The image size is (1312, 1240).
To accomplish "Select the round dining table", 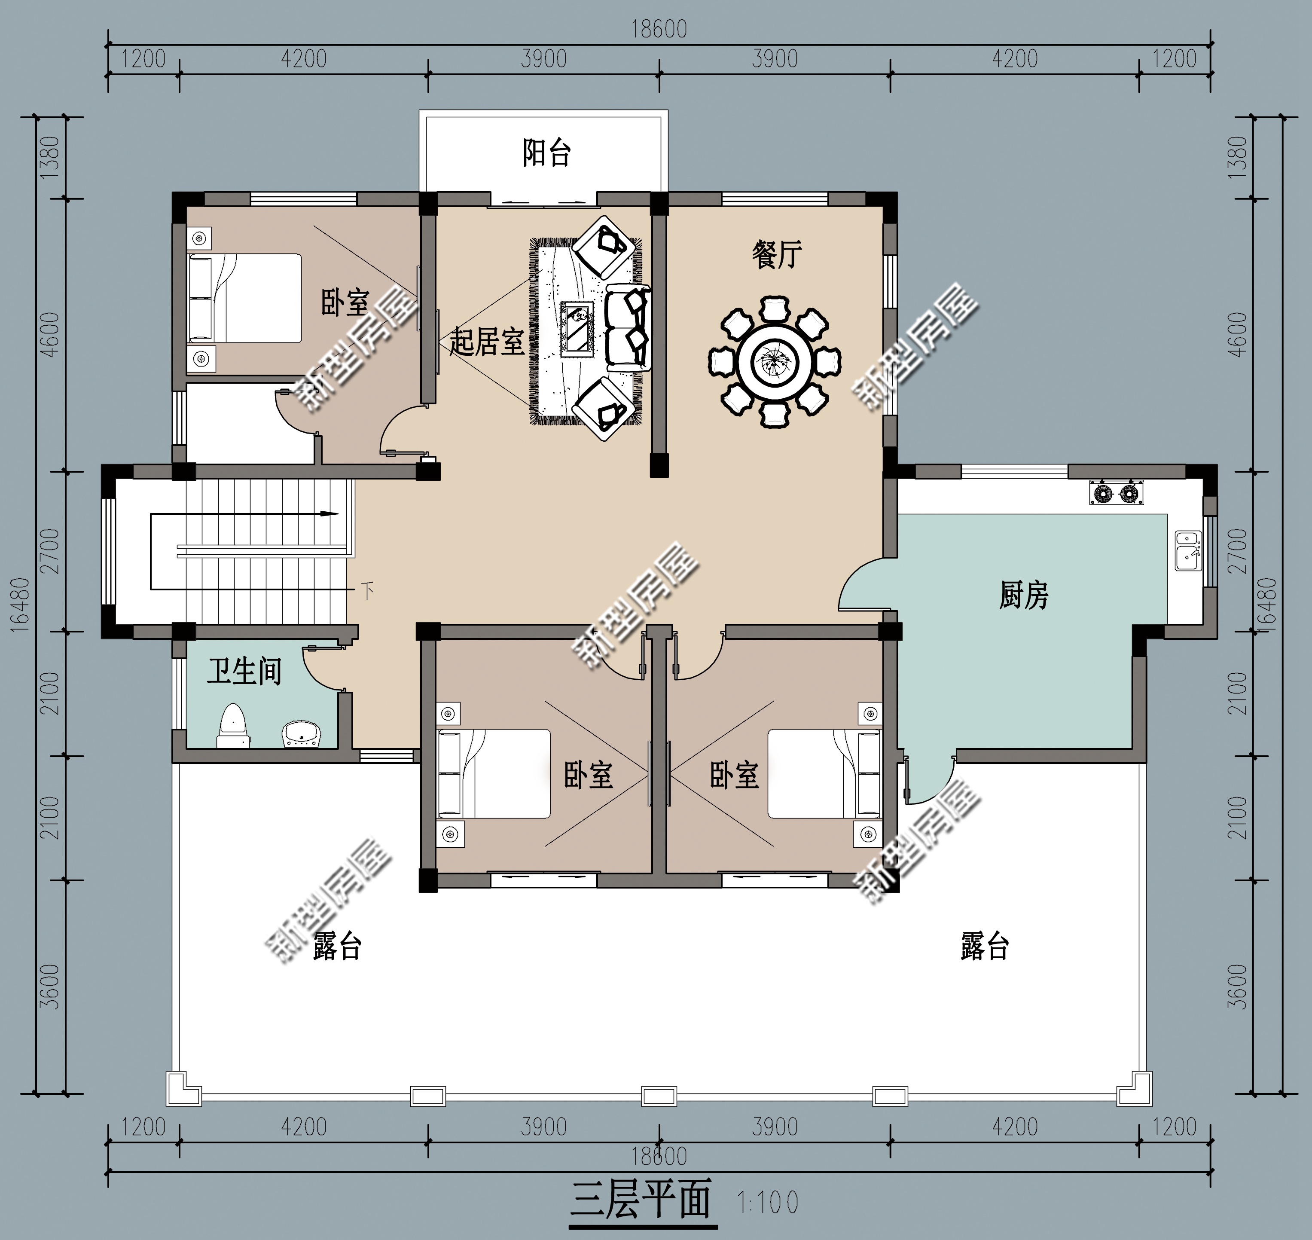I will (775, 361).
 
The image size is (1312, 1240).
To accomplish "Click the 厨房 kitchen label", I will (1023, 595).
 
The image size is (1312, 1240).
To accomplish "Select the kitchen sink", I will (1188, 550).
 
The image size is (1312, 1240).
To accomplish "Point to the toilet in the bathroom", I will (233, 726).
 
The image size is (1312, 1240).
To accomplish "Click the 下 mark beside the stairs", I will (367, 589).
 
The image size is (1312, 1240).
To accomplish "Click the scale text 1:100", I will (767, 1202).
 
